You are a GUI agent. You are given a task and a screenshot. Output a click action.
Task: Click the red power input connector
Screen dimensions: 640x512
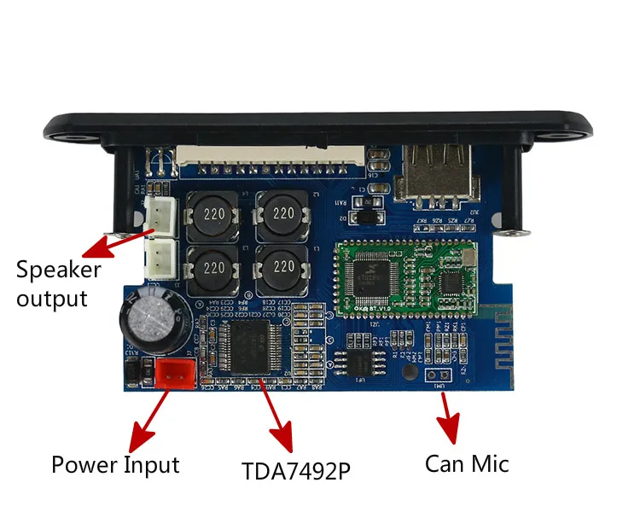pyautogui.click(x=176, y=373)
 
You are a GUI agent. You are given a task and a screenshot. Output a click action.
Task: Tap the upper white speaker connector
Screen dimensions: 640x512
pyautogui.click(x=160, y=217)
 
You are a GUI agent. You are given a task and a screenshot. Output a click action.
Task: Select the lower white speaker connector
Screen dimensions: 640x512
pyautogui.click(x=160, y=257)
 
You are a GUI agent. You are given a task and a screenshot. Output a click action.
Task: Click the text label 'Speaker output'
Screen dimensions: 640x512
pyautogui.click(x=58, y=284)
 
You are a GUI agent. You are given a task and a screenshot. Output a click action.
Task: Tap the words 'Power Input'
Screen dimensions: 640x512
pyautogui.click(x=115, y=465)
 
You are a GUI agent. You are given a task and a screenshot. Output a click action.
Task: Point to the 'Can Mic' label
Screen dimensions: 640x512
pyautogui.click(x=467, y=463)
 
